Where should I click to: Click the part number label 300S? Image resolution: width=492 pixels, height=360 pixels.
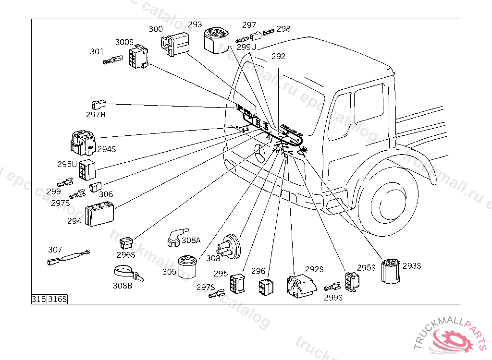tap(124, 42)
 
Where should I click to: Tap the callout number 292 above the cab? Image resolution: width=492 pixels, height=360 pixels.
tap(278, 56)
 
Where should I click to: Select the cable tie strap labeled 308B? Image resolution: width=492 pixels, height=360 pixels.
tap(128, 273)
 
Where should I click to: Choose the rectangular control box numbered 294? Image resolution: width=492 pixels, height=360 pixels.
tap(99, 214)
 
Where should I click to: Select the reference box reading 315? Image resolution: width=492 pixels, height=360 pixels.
tap(38, 299)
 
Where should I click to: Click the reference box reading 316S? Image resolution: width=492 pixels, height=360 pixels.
tap(57, 299)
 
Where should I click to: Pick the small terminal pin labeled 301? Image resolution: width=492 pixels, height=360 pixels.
tap(111, 61)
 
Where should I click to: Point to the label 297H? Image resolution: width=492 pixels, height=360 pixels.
tap(96, 114)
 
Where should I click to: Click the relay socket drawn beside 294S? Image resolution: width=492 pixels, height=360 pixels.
tap(83, 143)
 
